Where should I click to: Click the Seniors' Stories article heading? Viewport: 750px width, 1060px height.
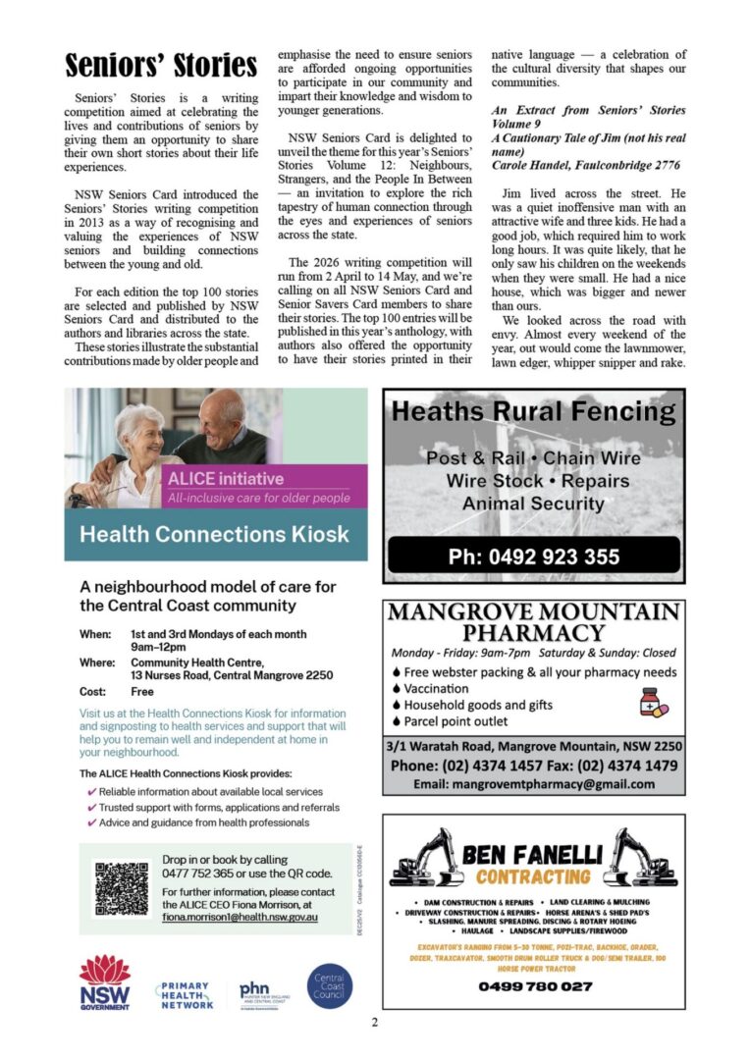click(x=161, y=66)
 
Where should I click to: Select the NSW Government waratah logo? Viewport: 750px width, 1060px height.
click(x=104, y=983)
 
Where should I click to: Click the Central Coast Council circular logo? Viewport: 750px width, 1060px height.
click(x=330, y=986)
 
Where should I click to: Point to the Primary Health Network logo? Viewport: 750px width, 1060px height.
click(x=185, y=993)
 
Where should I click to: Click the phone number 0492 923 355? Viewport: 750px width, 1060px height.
click(x=534, y=557)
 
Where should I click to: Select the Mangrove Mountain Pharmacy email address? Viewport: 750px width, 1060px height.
click(x=534, y=783)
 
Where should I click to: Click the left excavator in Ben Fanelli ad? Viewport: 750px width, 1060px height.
click(x=426, y=857)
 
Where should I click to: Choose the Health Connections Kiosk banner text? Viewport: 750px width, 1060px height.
click(x=214, y=535)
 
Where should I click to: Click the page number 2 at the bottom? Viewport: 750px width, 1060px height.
click(x=374, y=1023)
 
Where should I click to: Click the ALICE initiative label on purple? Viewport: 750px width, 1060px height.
click(x=226, y=479)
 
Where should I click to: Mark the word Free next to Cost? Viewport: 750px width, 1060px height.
click(x=143, y=691)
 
